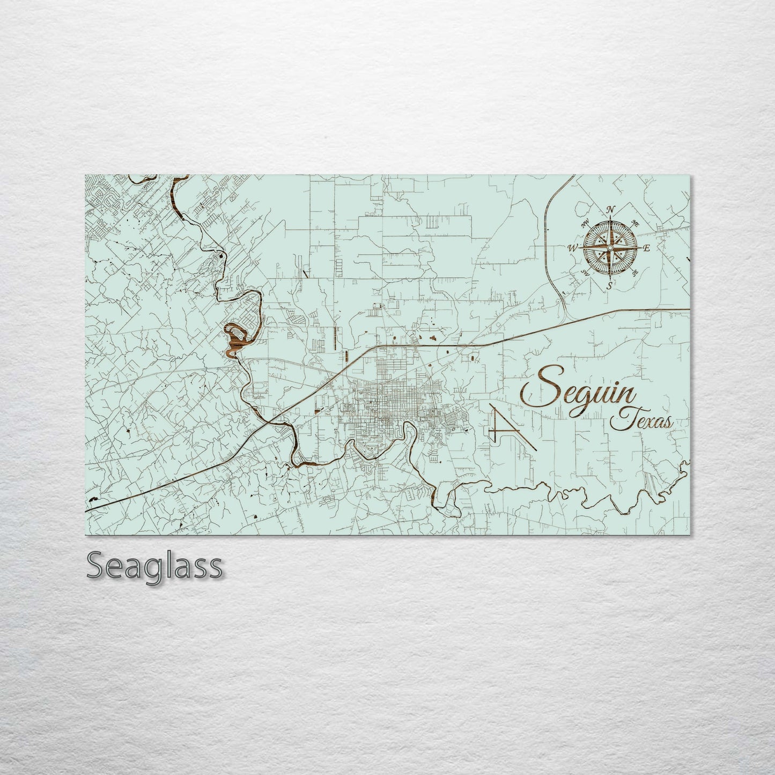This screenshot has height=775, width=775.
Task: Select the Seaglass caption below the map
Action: pos(154,565)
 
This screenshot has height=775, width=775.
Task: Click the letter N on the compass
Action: pos(609,210)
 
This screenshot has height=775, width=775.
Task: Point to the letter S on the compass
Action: pos(610,285)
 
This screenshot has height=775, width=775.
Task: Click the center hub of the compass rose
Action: pos(610,248)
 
